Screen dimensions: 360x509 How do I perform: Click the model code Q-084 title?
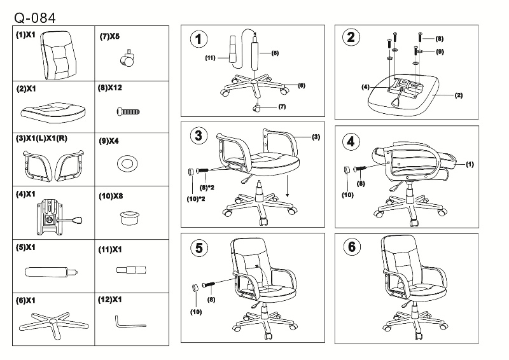pyautogui.click(x=34, y=16)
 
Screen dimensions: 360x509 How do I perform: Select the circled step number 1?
pyautogui.click(x=199, y=39)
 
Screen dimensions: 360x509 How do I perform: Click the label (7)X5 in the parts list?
pyautogui.click(x=109, y=37)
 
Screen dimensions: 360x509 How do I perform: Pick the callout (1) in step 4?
pyautogui.click(x=470, y=164)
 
